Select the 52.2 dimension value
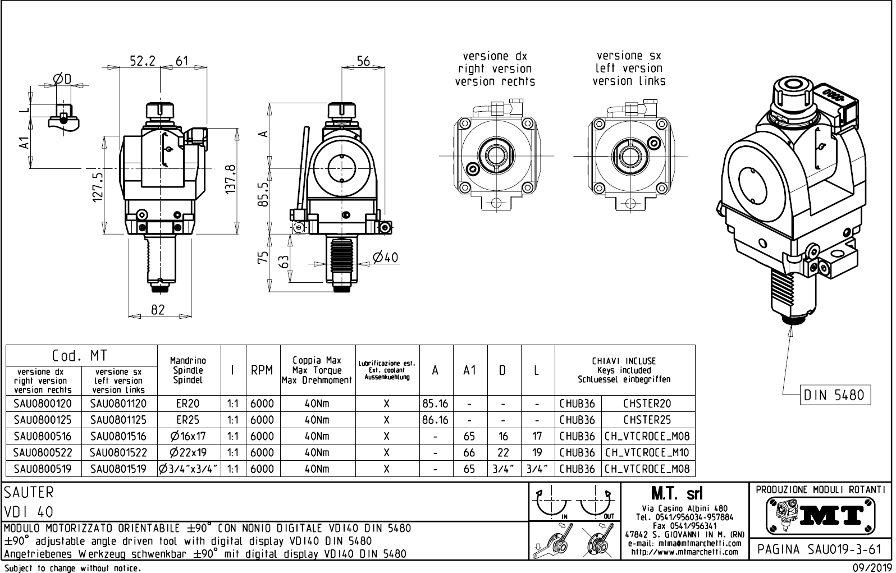(x=142, y=61)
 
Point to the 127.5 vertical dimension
(x=98, y=187)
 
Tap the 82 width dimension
(x=158, y=309)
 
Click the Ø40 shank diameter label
(x=385, y=257)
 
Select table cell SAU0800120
(x=43, y=404)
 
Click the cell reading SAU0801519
(x=118, y=469)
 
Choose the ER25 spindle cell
(x=188, y=420)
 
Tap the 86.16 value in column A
(x=435, y=420)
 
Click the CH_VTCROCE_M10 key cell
(x=647, y=452)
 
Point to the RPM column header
(x=262, y=370)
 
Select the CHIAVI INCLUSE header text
(x=624, y=361)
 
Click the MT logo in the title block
(x=821, y=515)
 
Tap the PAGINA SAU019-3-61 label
(x=820, y=549)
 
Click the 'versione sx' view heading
(x=629, y=56)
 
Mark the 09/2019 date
(x=871, y=568)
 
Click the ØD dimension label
(x=62, y=80)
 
